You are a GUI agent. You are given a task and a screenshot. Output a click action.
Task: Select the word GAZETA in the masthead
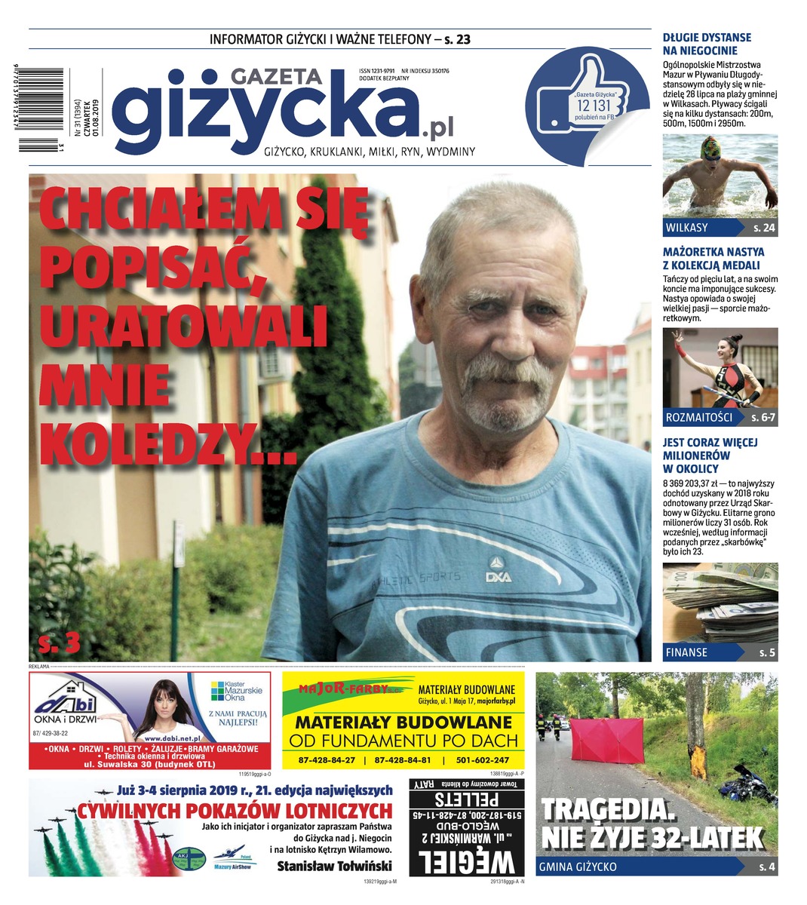[276, 76]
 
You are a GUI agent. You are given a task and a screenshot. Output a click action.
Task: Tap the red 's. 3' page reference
[59, 642]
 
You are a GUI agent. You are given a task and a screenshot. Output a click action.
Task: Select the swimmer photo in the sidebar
[720, 176]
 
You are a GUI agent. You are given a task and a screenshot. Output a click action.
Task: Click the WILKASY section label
[687, 228]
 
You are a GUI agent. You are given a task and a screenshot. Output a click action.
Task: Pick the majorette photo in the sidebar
[720, 369]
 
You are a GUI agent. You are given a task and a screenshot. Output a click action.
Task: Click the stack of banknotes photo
[720, 602]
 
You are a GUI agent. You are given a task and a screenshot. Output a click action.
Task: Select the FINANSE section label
[686, 652]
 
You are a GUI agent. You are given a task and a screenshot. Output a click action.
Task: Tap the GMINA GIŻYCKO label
[578, 867]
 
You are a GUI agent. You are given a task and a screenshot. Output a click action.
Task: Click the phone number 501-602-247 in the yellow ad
[477, 760]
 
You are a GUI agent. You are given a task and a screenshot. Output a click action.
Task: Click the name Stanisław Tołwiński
[334, 866]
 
